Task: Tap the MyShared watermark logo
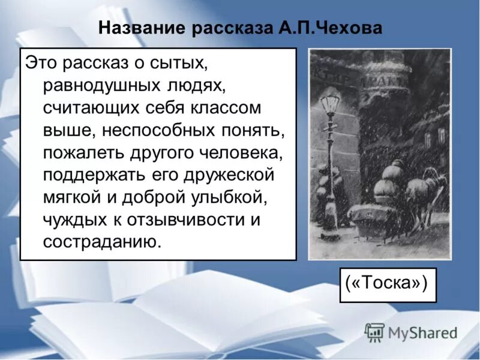pyautogui.click(x=411, y=332)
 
